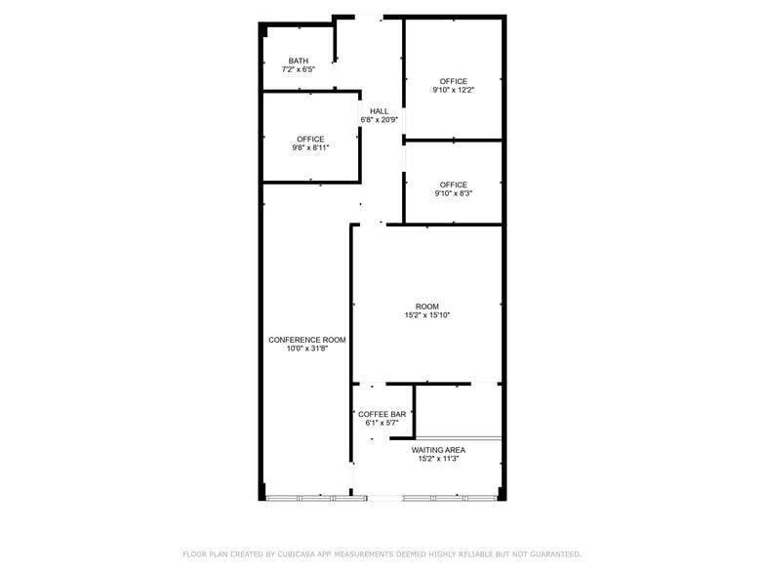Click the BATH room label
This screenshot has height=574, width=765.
point(299,61)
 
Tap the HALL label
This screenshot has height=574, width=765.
point(379,111)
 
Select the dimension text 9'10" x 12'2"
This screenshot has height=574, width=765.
point(454,91)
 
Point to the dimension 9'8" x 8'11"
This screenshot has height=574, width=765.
point(310,148)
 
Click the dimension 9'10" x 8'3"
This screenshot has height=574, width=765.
point(454,194)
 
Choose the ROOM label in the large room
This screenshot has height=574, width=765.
point(427,307)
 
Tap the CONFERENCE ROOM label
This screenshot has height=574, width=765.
point(307,340)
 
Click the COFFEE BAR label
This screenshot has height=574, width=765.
point(382,414)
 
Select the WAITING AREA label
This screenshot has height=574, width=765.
point(438,450)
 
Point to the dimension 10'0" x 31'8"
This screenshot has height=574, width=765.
point(307,348)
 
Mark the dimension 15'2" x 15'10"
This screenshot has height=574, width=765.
point(427,315)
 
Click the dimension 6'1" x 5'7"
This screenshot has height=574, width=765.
point(382,423)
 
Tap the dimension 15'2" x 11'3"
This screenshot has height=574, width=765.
point(438,459)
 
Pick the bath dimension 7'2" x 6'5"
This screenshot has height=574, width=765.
point(299,69)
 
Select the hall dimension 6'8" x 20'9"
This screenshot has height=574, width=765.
point(379,120)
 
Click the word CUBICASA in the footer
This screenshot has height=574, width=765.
point(290,553)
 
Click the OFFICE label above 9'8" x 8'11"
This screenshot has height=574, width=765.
point(310,140)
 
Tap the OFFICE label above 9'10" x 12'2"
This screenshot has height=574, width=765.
point(454,82)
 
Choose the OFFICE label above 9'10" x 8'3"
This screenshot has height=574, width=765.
point(454,185)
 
